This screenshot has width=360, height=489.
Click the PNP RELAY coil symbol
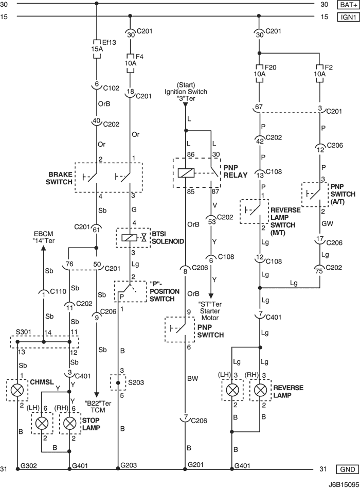click(x=185, y=173)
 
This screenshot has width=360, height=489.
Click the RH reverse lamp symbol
click(x=261, y=390)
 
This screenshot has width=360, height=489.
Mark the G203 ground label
click(x=129, y=465)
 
